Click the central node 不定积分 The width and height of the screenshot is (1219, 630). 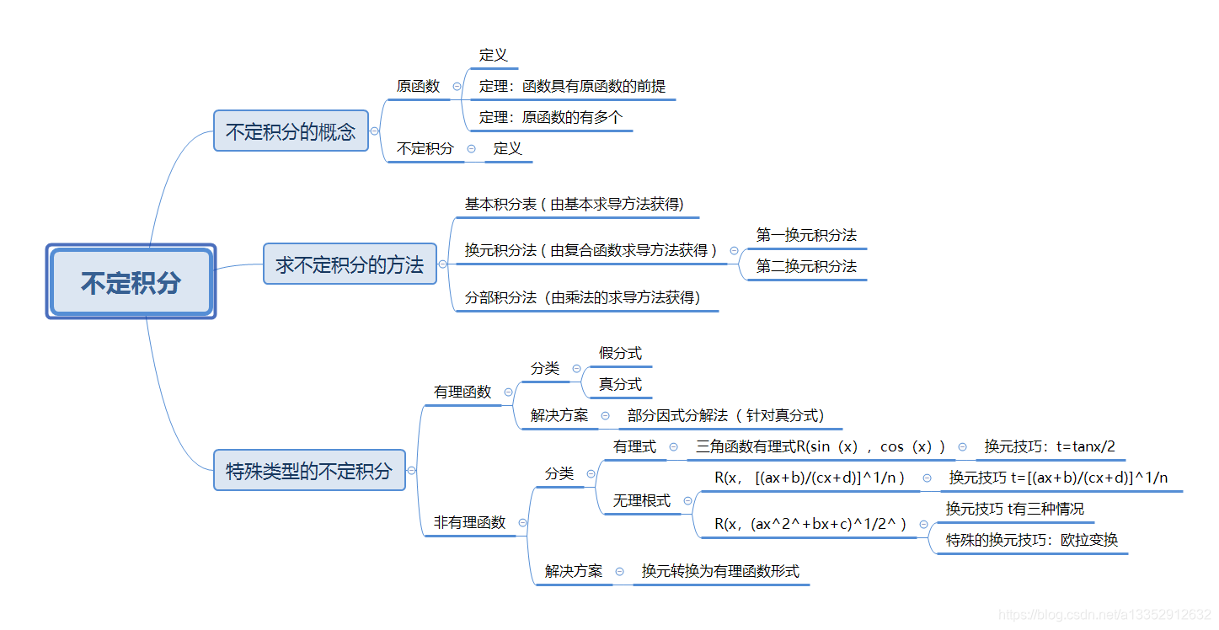pos(131,282)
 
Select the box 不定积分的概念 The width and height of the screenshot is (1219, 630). pos(291,131)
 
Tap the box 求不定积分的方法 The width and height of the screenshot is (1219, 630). pos(350,264)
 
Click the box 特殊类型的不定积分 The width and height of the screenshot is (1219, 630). pos(309,471)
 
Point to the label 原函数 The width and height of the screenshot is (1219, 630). pos(419,86)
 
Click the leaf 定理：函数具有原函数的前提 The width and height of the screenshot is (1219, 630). pos(572,86)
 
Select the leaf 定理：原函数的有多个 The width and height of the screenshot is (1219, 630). pos(551,117)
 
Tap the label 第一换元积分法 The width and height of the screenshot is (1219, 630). pos(806,235)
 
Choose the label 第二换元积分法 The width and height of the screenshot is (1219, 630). pos(806,266)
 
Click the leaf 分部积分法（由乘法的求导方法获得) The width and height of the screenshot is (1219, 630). pos(583,297)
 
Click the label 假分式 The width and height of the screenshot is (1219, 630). pos(620,353)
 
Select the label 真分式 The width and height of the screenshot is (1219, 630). pos(620,384)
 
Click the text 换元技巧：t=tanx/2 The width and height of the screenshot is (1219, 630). pos(1050,446)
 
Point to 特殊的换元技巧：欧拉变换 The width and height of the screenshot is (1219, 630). pos(1032,540)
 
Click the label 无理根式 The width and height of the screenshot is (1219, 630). pos(641,500)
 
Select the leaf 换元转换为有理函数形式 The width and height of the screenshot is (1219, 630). pos(720,571)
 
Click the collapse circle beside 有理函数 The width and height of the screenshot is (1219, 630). pos(508,392)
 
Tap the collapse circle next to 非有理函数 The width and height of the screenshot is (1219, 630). pos(522,522)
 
